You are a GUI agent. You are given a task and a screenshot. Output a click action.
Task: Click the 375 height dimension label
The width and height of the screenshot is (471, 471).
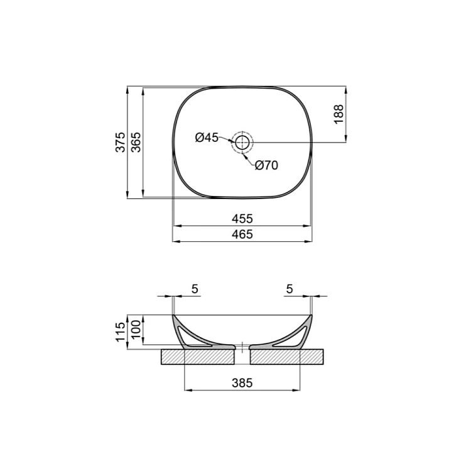coord(121,142)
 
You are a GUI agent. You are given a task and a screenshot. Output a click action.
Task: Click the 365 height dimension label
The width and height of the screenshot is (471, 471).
coord(136,142)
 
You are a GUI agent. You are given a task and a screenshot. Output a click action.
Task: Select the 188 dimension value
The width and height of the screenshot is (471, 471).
coord(338,114)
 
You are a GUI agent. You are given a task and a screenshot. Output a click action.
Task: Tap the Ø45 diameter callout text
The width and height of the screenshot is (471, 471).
coord(207,138)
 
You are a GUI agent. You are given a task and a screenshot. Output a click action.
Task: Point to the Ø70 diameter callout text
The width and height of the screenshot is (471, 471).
coord(266,165)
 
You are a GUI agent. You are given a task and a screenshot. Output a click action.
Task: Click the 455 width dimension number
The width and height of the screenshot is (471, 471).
coord(242,219)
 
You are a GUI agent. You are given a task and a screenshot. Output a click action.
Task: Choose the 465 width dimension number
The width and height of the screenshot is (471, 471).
coord(242,234)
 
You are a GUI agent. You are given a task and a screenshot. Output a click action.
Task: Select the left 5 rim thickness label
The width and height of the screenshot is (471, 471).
coord(195,289)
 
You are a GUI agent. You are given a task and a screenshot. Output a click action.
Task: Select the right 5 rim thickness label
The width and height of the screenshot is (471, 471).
coord(290,289)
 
